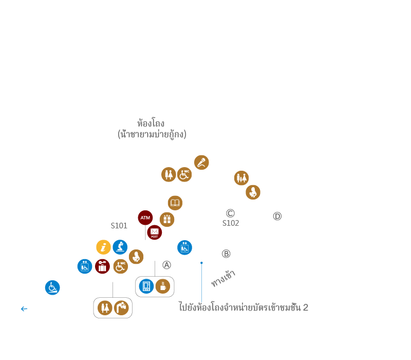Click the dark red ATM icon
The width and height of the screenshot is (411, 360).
pos(145,218)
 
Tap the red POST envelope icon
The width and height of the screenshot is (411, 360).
pos(154,232)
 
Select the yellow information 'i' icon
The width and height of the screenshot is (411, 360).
pos(103,247)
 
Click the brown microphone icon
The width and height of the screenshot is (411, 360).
pos(201,163)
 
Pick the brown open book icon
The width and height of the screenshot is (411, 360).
pos(175,203)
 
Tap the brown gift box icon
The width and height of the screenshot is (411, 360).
pos(166,220)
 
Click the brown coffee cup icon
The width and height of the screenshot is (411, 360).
pos(163,286)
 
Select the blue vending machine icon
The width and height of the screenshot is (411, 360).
pos(146,286)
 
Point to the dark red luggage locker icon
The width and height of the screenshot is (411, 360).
pos(102,266)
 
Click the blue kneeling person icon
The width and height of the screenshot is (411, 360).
pos(120,247)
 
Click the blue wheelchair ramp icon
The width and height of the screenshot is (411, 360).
pos(52,287)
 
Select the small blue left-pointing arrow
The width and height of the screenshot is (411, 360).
pos(24,309)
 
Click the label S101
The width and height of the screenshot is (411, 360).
pos(119,226)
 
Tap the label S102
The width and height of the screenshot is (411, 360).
pos(230,223)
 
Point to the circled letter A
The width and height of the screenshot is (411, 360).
pos(166,265)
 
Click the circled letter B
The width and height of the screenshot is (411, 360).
pos(226,254)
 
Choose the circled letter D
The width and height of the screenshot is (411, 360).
pos(277,217)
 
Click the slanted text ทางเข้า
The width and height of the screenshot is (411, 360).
pos(223,278)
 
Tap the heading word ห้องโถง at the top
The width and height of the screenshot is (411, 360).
pos(151,123)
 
